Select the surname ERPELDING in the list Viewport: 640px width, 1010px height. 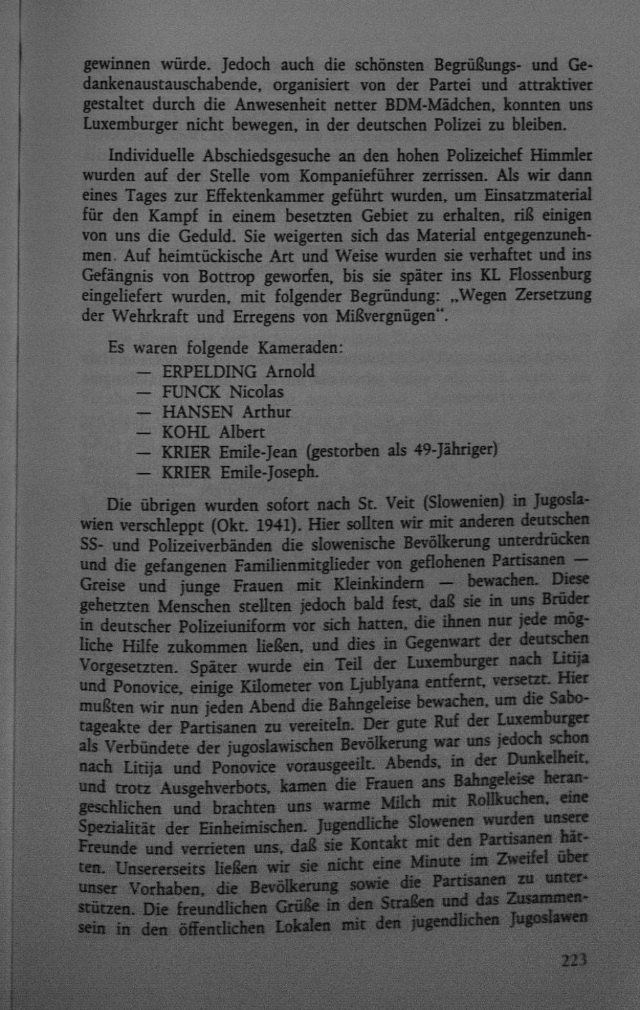(x=209, y=372)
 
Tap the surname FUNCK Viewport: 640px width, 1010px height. (x=191, y=392)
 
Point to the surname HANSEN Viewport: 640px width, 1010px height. (x=197, y=412)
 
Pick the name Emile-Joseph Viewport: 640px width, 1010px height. (x=269, y=472)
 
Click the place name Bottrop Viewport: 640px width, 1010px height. (x=227, y=276)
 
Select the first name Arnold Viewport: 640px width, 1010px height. (x=290, y=372)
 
